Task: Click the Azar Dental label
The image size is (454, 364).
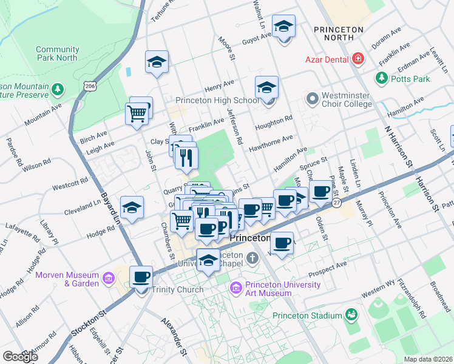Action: (x=326, y=59)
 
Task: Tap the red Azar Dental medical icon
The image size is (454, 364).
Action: (x=358, y=59)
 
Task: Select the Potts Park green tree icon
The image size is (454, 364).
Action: (x=382, y=78)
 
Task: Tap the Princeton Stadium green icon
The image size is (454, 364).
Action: (x=351, y=314)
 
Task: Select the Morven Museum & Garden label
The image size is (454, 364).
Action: (x=67, y=279)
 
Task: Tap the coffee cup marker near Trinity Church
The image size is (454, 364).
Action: (x=141, y=277)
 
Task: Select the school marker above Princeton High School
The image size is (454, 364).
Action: (x=266, y=88)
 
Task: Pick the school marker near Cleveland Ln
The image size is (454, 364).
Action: (x=132, y=209)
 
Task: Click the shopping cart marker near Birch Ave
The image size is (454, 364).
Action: (x=137, y=113)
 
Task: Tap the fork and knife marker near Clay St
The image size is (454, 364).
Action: (x=186, y=158)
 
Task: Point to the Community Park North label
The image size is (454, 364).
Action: (x=57, y=53)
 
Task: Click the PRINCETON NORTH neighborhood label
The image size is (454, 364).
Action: (x=339, y=33)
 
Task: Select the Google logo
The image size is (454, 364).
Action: (x=20, y=357)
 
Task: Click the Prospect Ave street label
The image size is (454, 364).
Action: (x=328, y=265)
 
